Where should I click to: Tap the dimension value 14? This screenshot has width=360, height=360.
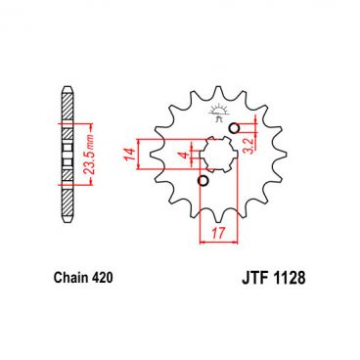(x=128, y=154)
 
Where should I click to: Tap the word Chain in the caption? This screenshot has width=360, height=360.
(x=69, y=278)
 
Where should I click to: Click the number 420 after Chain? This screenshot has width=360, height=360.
(x=102, y=278)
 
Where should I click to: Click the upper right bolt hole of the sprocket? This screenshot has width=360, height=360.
(x=234, y=128)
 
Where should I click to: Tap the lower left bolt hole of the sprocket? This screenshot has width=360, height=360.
(x=202, y=182)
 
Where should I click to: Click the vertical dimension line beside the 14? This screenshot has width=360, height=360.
(x=141, y=154)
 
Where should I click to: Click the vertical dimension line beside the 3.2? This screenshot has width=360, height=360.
(x=256, y=142)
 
